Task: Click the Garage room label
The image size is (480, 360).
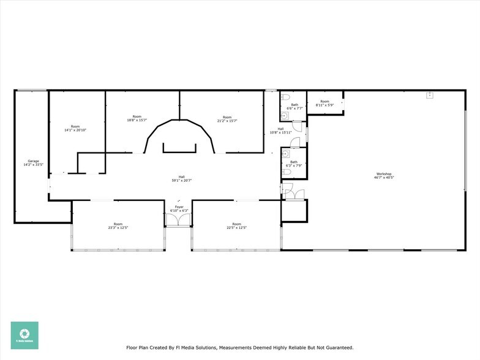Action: point(33,162)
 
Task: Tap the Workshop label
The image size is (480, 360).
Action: point(384,174)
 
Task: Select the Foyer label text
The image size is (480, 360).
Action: point(179,207)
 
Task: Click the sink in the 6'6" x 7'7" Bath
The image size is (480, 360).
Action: point(283,115)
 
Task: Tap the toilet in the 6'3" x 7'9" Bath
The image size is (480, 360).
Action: point(286,173)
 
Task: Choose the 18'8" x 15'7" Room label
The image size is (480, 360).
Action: point(137,119)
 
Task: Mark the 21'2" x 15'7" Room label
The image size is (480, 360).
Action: point(227,119)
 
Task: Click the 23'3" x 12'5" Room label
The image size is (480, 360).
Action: point(118,227)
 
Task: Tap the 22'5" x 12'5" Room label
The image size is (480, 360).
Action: point(236,227)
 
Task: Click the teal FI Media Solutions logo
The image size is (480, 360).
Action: point(24,335)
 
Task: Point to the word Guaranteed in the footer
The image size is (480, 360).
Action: point(336,348)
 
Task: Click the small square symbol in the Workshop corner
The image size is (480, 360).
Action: point(430,95)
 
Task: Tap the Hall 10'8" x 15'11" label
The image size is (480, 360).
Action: point(280,131)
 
